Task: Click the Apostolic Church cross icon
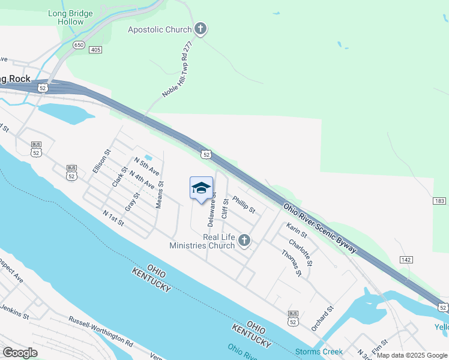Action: [x=200, y=29]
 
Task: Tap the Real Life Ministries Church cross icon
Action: [x=244, y=241]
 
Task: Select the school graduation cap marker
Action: [x=201, y=188]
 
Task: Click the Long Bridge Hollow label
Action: [x=71, y=17]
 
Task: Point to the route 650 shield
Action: [x=79, y=44]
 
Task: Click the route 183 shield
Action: [x=440, y=200]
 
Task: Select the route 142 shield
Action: [x=406, y=259]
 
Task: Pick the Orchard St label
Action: [x=322, y=319]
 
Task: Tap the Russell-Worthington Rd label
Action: [x=100, y=331]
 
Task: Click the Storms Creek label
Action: [x=319, y=352]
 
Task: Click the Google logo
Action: [x=20, y=353]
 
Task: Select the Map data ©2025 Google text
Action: [x=411, y=355]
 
